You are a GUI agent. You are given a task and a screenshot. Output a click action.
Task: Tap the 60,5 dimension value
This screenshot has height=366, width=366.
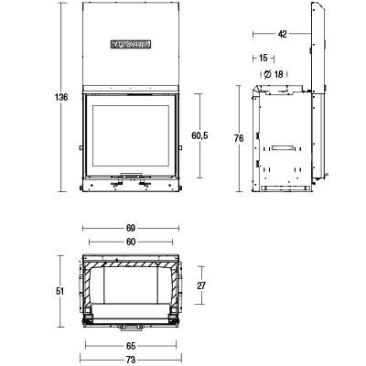point(199,135)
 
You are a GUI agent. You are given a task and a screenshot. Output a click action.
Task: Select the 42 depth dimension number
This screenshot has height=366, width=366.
point(282,34)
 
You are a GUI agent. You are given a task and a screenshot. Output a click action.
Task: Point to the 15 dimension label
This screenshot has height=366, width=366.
point(263,58)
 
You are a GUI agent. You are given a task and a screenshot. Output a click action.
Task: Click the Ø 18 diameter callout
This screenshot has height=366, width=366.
point(273,73)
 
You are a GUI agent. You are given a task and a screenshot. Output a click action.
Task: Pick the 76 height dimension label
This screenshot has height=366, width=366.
point(238,137)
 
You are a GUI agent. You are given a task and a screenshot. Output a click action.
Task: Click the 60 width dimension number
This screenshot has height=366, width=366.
point(130,242)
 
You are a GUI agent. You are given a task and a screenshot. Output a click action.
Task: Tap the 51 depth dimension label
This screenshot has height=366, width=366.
point(60,291)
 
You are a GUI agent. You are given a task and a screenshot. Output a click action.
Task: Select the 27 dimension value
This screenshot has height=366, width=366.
point(201,285)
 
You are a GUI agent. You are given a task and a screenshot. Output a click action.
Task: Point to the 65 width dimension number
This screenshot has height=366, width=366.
point(130,346)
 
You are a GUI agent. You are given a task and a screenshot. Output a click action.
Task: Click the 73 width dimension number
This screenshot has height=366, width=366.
point(130,360)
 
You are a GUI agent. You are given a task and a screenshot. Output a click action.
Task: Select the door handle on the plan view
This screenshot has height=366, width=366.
point(130,325)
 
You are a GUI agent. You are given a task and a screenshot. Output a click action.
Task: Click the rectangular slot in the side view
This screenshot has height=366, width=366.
point(279,146)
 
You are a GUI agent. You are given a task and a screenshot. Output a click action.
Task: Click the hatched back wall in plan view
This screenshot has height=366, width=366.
point(131,262)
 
